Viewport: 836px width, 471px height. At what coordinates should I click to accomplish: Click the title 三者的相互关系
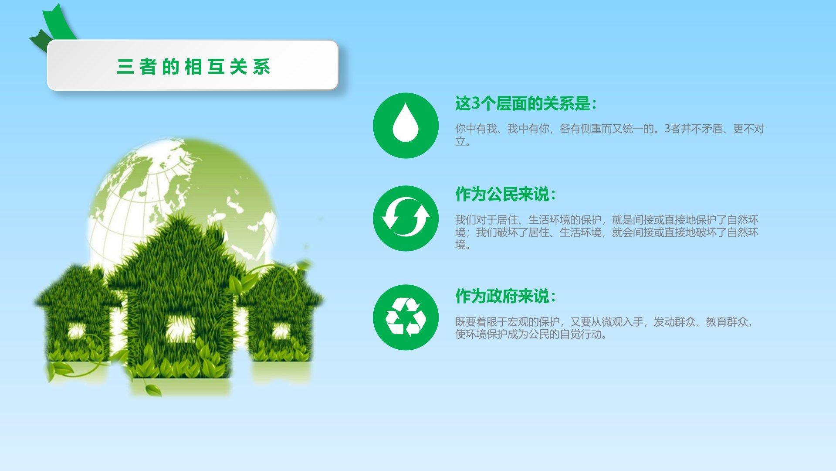click(194, 67)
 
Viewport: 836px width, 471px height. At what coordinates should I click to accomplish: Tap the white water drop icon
click(406, 123)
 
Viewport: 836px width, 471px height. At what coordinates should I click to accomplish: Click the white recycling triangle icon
click(406, 317)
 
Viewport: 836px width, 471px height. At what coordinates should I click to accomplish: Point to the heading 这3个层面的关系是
click(525, 104)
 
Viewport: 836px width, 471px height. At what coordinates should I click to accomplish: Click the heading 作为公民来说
click(505, 195)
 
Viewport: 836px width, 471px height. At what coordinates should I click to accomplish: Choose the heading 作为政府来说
click(505, 297)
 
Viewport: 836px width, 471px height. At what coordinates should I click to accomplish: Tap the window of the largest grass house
click(179, 328)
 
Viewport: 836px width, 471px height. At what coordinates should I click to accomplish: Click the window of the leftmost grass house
click(77, 332)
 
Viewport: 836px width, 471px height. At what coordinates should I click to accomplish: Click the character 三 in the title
click(125, 67)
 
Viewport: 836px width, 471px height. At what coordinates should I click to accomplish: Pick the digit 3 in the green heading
click(475, 104)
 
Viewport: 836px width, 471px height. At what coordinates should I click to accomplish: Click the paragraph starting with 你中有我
click(609, 135)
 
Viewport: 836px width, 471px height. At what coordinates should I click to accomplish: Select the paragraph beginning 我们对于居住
click(607, 232)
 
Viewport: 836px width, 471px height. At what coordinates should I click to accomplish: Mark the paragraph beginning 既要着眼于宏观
click(604, 328)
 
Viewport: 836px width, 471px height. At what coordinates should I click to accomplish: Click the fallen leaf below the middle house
click(152, 389)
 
